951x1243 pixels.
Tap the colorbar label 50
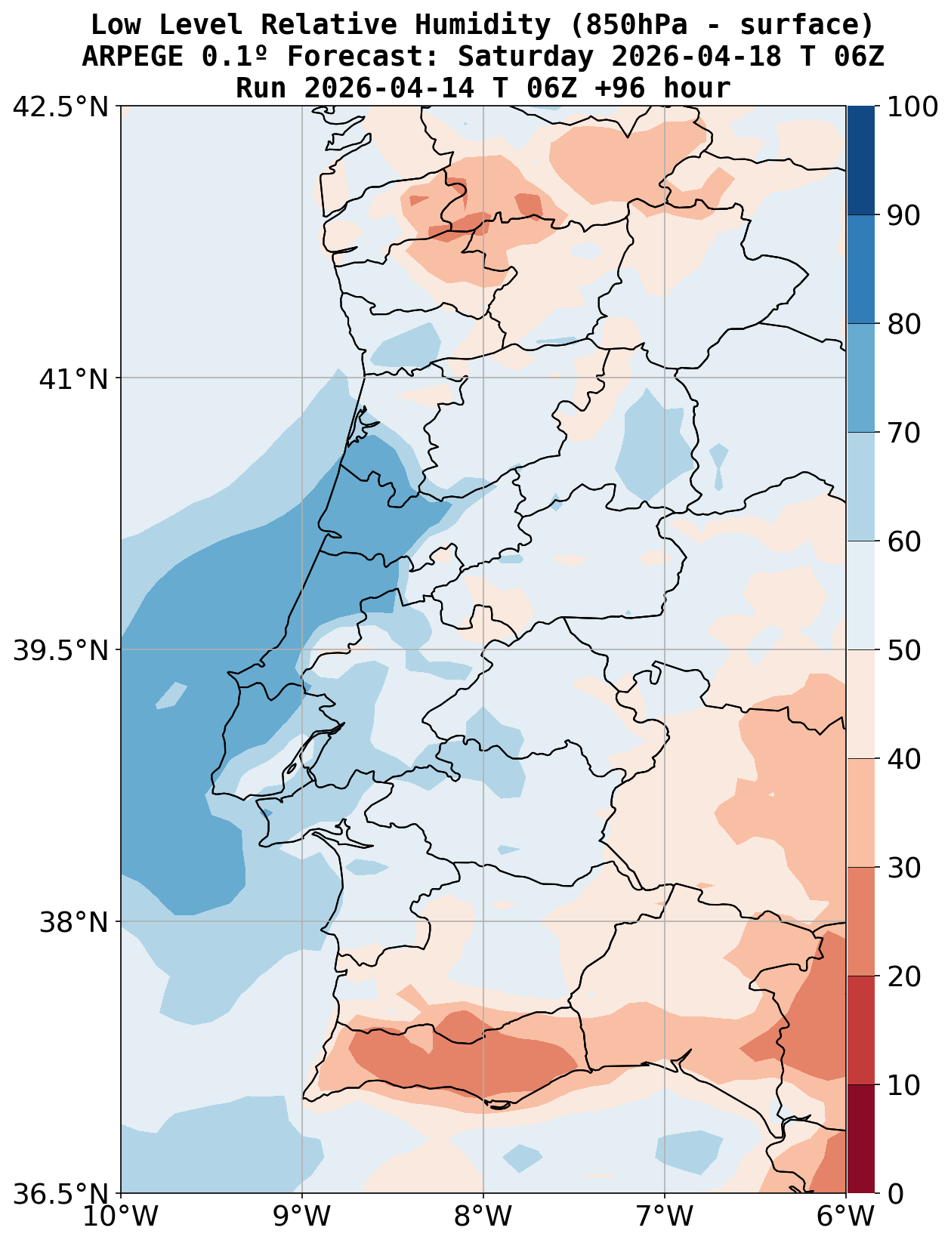[905, 650]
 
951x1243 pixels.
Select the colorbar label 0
[895, 1194]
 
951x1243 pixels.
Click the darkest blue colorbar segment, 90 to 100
[860, 160]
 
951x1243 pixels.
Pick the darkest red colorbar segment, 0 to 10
[860, 1139]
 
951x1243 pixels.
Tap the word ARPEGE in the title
[132, 57]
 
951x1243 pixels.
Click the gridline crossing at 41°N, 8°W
[483, 378]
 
